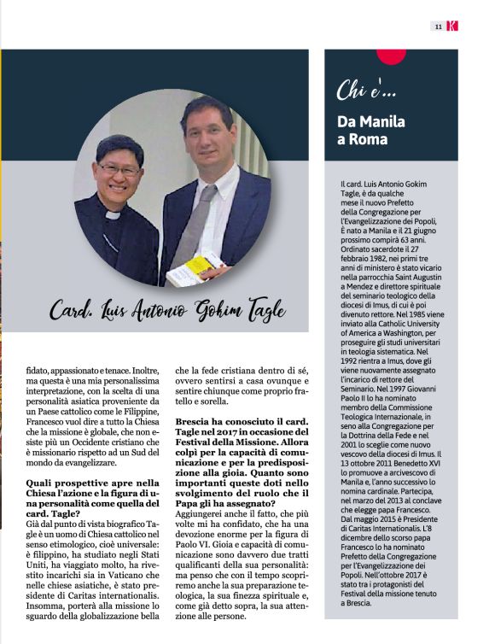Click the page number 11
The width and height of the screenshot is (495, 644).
[438, 26]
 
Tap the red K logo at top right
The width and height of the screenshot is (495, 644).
[451, 26]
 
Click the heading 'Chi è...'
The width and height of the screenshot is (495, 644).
[367, 90]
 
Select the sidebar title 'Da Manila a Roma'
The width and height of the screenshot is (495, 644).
[371, 130]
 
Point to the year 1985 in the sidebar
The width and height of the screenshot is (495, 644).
[420, 314]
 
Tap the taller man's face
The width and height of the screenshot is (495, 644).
[206, 131]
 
